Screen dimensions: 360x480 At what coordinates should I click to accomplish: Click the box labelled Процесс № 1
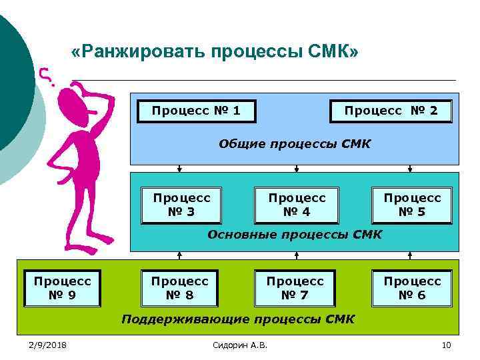[x=196, y=111]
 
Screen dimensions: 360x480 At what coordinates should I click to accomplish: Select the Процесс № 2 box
[x=391, y=111]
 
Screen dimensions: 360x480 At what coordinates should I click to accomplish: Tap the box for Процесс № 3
[x=181, y=205]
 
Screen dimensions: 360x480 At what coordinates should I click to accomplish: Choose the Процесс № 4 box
[x=297, y=205]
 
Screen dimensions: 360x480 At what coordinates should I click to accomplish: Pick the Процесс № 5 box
[x=411, y=205]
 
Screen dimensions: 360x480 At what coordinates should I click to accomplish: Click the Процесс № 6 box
[x=412, y=288]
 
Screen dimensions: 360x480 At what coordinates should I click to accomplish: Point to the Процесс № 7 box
[x=295, y=288]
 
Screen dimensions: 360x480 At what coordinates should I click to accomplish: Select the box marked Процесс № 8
[x=179, y=288]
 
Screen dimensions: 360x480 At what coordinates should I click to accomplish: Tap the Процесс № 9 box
[x=62, y=288]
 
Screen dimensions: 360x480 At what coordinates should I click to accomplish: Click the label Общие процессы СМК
[x=295, y=144]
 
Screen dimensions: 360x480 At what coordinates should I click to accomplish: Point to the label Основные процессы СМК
[x=295, y=234]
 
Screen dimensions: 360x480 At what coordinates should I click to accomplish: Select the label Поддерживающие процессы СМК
[x=238, y=319]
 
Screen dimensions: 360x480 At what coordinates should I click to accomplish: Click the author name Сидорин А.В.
[x=239, y=344]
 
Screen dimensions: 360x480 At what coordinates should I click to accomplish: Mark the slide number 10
[x=447, y=344]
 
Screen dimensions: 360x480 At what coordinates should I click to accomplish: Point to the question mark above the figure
[x=45, y=75]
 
